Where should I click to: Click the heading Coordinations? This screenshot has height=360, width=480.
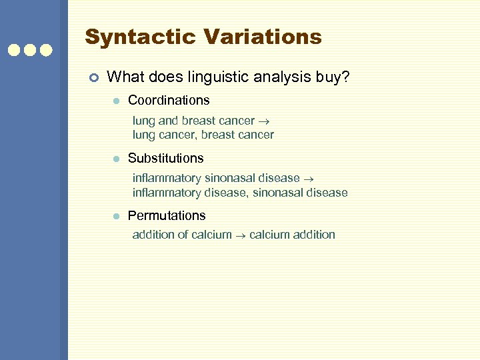point(169,101)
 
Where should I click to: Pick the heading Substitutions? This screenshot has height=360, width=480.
point(166,159)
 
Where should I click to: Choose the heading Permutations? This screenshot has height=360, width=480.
point(167,216)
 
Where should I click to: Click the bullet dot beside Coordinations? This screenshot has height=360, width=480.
point(115,101)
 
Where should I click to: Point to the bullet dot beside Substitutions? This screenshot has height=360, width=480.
point(115,159)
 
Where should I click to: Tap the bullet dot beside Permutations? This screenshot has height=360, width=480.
point(115,217)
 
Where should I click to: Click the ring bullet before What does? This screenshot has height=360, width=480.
point(93,78)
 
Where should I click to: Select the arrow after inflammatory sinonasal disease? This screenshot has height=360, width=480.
point(309,179)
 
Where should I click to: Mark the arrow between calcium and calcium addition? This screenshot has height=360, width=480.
point(241,235)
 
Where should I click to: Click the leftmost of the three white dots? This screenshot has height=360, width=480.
point(13,50)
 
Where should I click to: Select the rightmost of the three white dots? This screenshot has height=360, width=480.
point(46,50)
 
